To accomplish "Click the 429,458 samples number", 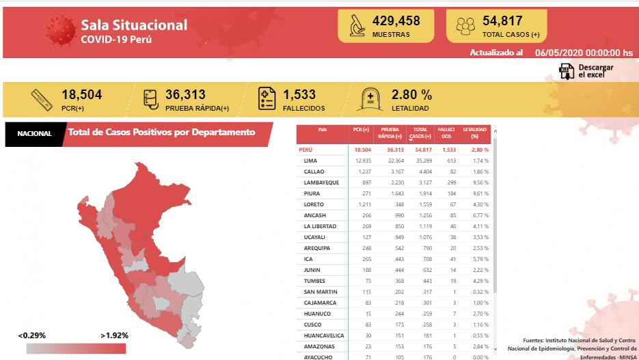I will pos(396,21).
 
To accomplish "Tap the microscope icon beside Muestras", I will pos(356,26).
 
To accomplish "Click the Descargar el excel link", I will pos(595,71).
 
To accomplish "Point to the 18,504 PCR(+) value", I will pos(81,95).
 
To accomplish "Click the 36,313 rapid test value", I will pos(185,95).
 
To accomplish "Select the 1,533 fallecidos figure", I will pos(299,95).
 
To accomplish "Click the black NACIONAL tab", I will pos(34,133).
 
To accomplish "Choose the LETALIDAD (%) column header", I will pos(475,133).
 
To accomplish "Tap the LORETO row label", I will pos(314,204).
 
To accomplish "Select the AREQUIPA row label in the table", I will pos(317,248).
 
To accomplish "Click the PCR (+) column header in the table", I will pos(361,130).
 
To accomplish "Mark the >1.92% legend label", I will pos(114,335).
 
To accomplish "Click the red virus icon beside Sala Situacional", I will pos(60,31).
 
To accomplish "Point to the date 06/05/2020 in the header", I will pos(558,53).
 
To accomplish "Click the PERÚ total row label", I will pos(306,149).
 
